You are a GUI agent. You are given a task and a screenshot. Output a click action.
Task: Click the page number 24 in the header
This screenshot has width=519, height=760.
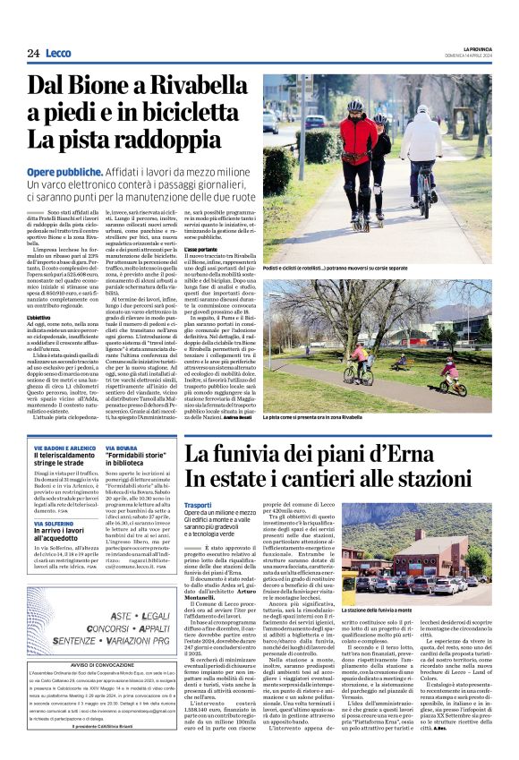pos(33,54)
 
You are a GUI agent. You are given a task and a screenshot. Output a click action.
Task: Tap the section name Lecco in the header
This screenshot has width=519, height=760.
pos(58,54)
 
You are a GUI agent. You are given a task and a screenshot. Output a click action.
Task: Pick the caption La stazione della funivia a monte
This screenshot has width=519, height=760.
pos(416,610)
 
